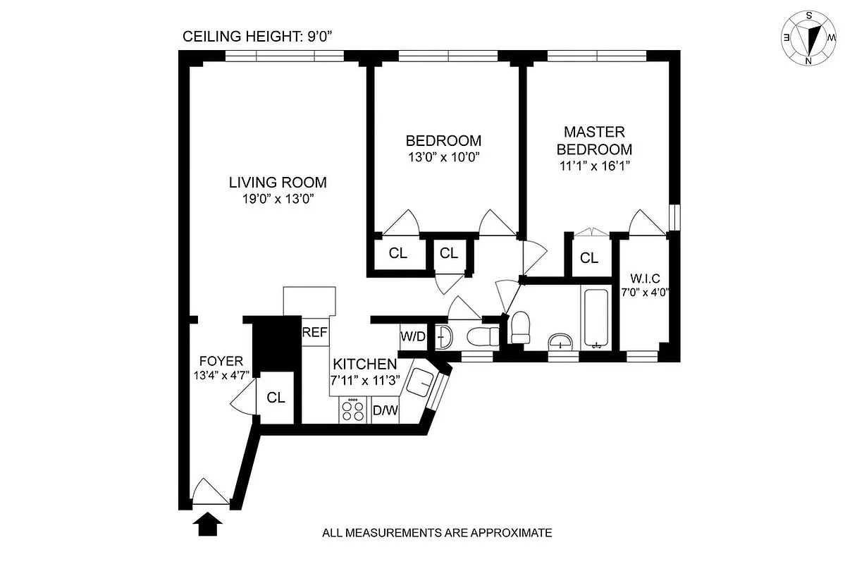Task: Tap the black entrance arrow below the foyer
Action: pos(207,524)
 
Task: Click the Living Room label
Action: pos(278,183)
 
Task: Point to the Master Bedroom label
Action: pos(594,140)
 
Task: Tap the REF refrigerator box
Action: pos(315,333)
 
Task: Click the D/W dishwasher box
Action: pos(385,410)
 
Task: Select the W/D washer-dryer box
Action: pos(413,337)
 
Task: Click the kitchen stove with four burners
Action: pos(353,410)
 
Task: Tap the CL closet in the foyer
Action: pos(276,398)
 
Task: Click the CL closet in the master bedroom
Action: pos(589,258)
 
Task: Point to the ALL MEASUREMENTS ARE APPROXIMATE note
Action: pos(437,533)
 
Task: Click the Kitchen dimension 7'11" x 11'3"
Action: pos(364,379)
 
